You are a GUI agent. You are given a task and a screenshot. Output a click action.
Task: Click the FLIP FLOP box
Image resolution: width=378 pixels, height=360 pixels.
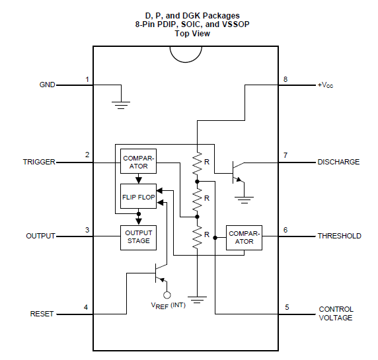coord(138,196)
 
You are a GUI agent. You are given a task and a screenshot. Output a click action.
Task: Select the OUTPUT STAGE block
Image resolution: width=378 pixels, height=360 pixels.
coord(138,238)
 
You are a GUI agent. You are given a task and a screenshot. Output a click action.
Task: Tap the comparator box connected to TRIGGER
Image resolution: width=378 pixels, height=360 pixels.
coord(138,161)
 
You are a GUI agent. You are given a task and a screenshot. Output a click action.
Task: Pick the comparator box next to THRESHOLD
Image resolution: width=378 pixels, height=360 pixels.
coord(244,238)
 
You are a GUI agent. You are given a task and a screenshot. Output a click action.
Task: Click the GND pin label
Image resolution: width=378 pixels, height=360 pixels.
coord(48,85)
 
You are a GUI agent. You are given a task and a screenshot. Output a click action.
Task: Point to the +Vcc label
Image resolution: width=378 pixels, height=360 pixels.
coord(325,85)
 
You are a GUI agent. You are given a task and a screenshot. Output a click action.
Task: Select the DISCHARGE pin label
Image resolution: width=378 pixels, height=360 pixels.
coord(338,162)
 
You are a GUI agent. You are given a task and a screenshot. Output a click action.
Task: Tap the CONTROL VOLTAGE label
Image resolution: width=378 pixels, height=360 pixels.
coord(336,314)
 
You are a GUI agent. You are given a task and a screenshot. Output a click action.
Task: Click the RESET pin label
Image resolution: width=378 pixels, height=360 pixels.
coord(42,314)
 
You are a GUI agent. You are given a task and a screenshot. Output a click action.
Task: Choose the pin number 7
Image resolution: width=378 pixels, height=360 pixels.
coord(285,155)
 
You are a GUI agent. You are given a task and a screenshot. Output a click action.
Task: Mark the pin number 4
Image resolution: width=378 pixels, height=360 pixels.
coord(86,307)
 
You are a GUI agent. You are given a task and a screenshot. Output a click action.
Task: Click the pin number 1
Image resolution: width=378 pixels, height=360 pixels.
coord(87,79)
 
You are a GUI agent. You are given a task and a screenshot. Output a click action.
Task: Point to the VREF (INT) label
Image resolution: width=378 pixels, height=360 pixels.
coord(168,306)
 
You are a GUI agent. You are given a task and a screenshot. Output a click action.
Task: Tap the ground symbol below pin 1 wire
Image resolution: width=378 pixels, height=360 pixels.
coord(121,105)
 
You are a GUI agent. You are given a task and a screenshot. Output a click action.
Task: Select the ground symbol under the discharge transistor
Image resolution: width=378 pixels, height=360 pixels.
coord(245,200)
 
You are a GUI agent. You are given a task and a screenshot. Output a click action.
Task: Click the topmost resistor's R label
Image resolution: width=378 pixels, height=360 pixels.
coord(207,162)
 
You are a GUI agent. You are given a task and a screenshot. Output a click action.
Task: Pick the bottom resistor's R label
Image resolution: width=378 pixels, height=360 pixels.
coord(207,234)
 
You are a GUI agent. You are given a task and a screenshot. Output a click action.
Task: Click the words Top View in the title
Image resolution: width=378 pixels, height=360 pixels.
coord(192,34)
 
